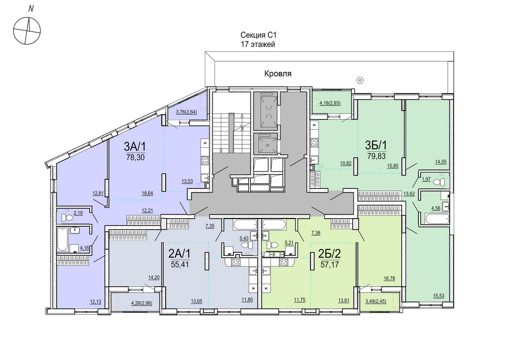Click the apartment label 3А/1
(x=135, y=146)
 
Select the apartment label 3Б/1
(x=376, y=145)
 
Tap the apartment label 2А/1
(x=179, y=254)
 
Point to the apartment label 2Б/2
(x=329, y=254)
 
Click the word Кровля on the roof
(x=278, y=74)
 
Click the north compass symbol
(x=27, y=31)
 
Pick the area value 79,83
(x=376, y=156)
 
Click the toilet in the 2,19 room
(x=67, y=218)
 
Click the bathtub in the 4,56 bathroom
(x=437, y=219)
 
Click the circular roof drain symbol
(x=360, y=80)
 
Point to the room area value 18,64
(x=147, y=193)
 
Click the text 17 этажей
(x=258, y=44)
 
